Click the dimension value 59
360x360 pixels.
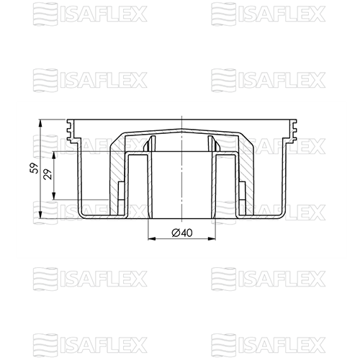35,168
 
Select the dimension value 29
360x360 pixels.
48,174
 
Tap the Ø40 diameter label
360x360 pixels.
182,233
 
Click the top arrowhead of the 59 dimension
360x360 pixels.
40,123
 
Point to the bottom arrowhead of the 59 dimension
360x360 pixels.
40,215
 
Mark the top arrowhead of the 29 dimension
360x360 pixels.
54,156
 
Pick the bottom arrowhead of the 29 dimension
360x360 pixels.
54,196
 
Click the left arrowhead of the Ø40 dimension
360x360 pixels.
152,238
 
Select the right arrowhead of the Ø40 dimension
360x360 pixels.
212,238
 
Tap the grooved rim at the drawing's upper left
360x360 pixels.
71,131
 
